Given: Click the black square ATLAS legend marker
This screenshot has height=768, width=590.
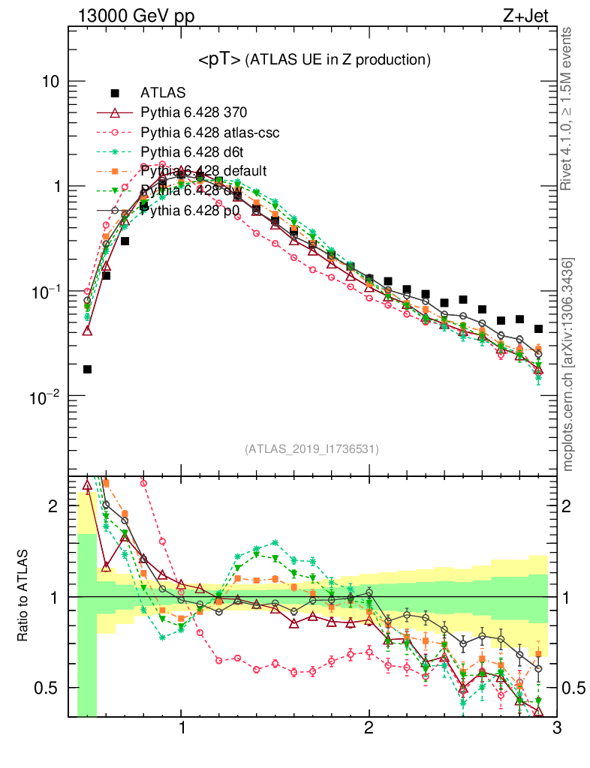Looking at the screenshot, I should click(x=115, y=93).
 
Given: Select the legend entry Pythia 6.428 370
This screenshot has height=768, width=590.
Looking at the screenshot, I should click(x=194, y=112).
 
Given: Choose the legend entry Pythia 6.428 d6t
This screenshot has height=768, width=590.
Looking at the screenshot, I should click(x=191, y=151).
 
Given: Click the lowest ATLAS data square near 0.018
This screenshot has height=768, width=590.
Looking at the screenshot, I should click(x=87, y=369).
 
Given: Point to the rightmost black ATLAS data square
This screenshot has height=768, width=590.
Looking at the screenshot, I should click(x=538, y=328).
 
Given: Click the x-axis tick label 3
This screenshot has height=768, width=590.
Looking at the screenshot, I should click(x=556, y=728).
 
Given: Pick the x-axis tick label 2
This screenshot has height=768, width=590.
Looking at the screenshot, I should click(x=369, y=728).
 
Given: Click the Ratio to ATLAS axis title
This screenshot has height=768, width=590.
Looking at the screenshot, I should click(x=23, y=596).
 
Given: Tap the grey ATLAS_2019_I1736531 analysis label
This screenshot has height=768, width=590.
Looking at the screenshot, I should click(x=312, y=449).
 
